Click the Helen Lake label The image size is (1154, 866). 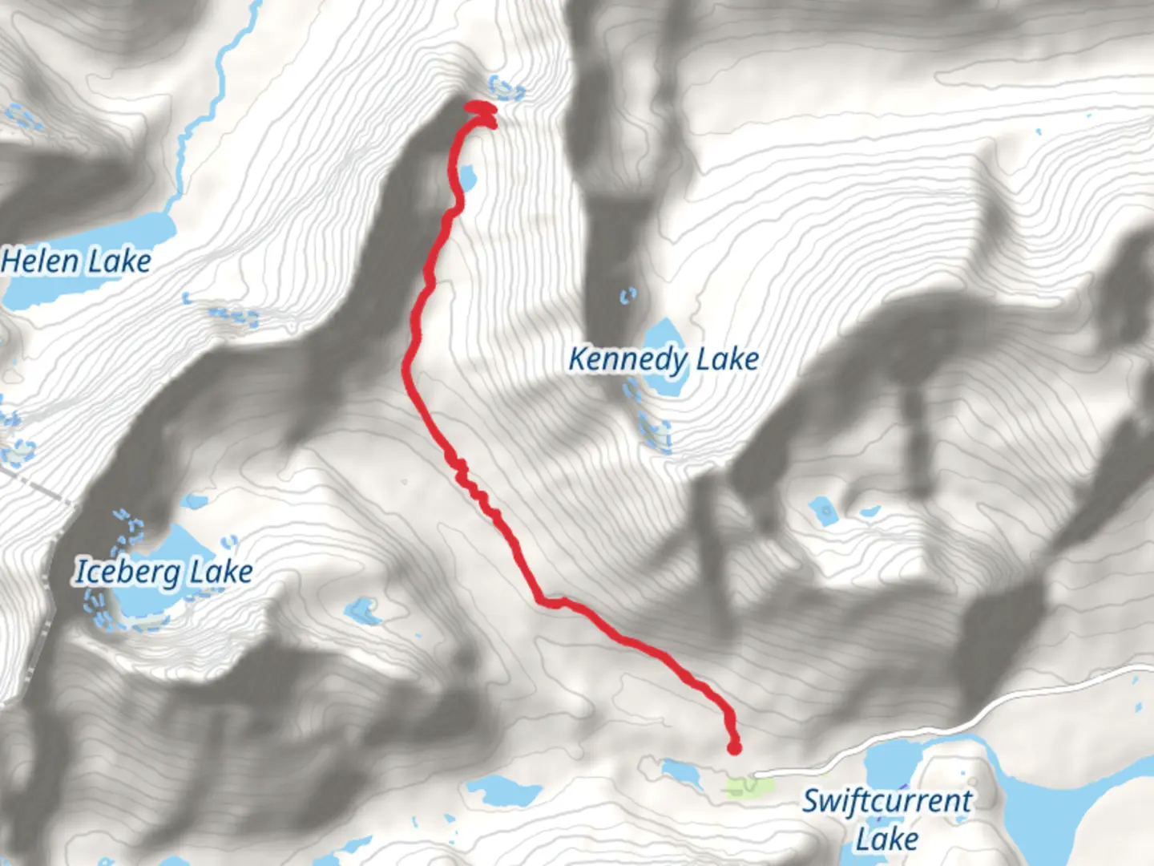tap(76, 261)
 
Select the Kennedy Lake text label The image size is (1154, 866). tap(664, 359)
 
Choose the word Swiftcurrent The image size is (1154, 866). tap(887, 801)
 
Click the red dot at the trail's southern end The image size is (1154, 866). tap(734, 749)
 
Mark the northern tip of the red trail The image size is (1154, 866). tap(478, 106)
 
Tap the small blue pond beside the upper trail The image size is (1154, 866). tap(467, 175)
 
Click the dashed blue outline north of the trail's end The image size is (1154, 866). tap(506, 87)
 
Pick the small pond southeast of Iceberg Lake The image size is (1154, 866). tap(363, 612)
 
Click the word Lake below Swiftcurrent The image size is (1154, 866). tap(886, 840)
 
